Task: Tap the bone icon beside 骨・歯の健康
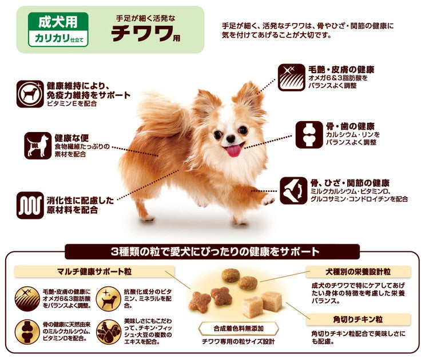(309, 134)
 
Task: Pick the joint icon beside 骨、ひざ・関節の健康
(293, 190)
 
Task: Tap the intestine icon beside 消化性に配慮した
(30, 205)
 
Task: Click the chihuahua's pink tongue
(234, 150)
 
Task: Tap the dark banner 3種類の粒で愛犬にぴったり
(212, 251)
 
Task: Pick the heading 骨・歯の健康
(349, 126)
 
